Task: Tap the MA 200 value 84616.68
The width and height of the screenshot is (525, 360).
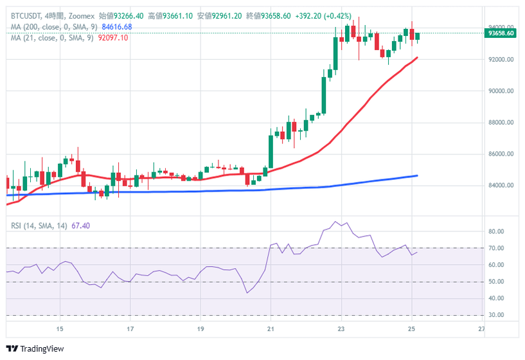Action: click(116, 26)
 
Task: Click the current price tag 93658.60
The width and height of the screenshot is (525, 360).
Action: click(501, 33)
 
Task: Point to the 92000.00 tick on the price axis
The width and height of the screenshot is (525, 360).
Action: click(501, 60)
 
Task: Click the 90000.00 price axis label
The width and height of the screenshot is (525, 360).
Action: click(501, 91)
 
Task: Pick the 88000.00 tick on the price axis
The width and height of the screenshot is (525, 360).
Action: click(501, 123)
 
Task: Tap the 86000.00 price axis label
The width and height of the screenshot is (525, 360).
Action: click(501, 154)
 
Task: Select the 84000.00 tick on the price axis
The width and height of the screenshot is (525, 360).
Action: click(501, 186)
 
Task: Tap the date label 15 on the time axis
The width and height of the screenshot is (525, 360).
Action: click(60, 329)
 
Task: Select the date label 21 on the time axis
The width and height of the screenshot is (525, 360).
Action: click(271, 329)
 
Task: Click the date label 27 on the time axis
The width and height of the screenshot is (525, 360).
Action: click(481, 329)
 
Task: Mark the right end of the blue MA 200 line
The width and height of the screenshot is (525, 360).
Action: click(418, 175)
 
